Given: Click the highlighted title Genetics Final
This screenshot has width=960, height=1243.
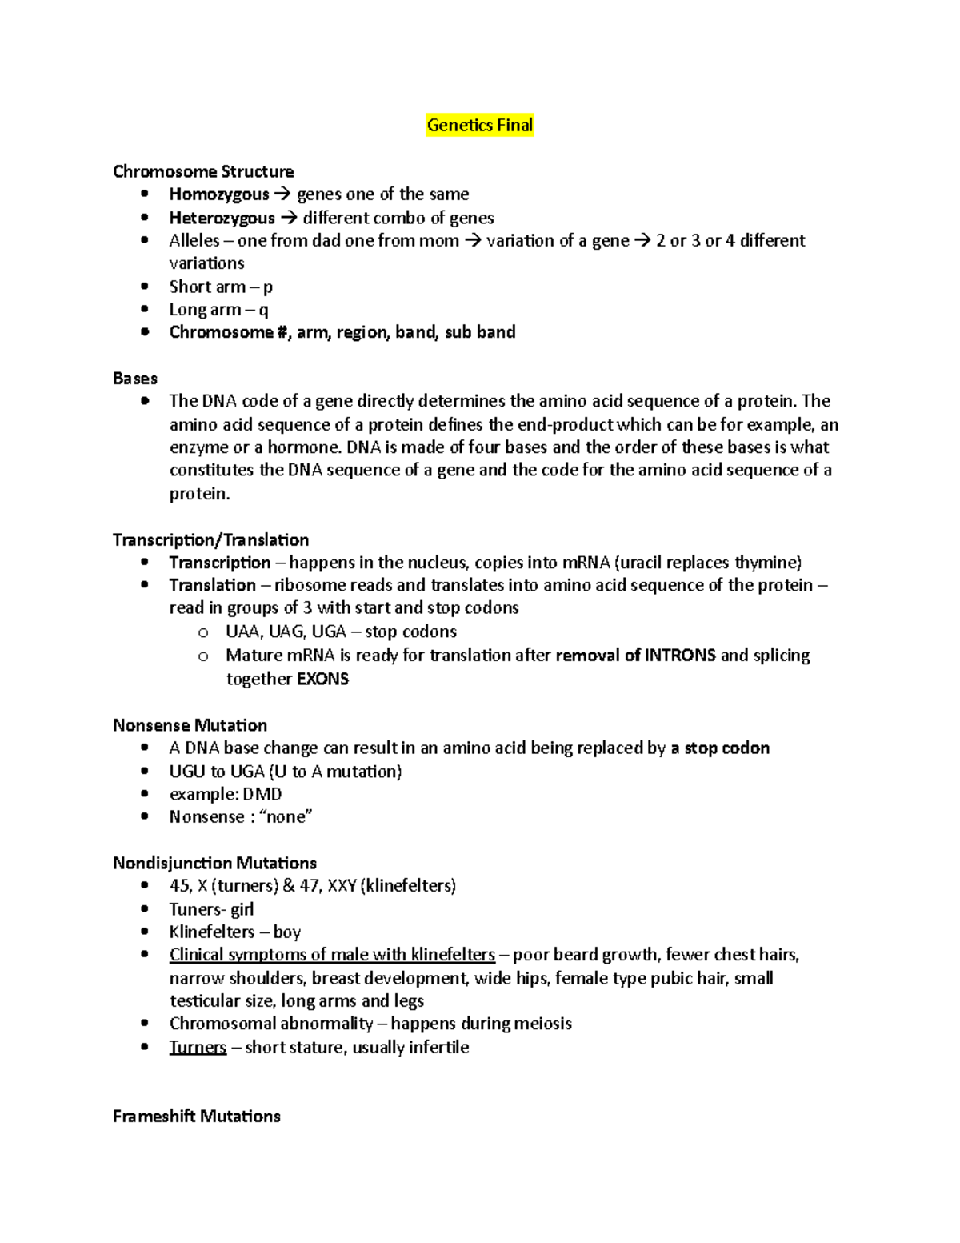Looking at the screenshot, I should click(479, 125).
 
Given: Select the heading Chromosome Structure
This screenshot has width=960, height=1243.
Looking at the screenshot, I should click(203, 171).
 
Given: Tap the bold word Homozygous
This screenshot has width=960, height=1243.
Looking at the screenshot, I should click(219, 194).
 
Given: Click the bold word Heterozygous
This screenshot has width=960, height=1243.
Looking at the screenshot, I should click(222, 218).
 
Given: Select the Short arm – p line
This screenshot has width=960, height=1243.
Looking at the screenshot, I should click(221, 287).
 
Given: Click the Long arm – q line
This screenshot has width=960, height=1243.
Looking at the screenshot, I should click(218, 310).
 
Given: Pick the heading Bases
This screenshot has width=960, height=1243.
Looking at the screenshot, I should click(135, 379).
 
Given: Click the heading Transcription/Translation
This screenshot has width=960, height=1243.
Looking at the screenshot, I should click(210, 540).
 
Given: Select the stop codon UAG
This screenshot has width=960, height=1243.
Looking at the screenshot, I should click(286, 632).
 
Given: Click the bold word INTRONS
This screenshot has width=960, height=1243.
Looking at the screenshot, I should click(680, 656).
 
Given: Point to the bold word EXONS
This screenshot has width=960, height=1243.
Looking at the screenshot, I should click(322, 680).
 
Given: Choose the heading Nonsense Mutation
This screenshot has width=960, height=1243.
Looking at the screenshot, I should click(190, 725).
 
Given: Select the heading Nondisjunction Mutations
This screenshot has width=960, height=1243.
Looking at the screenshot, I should click(214, 863).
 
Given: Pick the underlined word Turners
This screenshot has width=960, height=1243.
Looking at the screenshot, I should click(198, 1047).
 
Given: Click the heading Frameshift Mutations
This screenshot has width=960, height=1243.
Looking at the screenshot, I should click(196, 1116).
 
